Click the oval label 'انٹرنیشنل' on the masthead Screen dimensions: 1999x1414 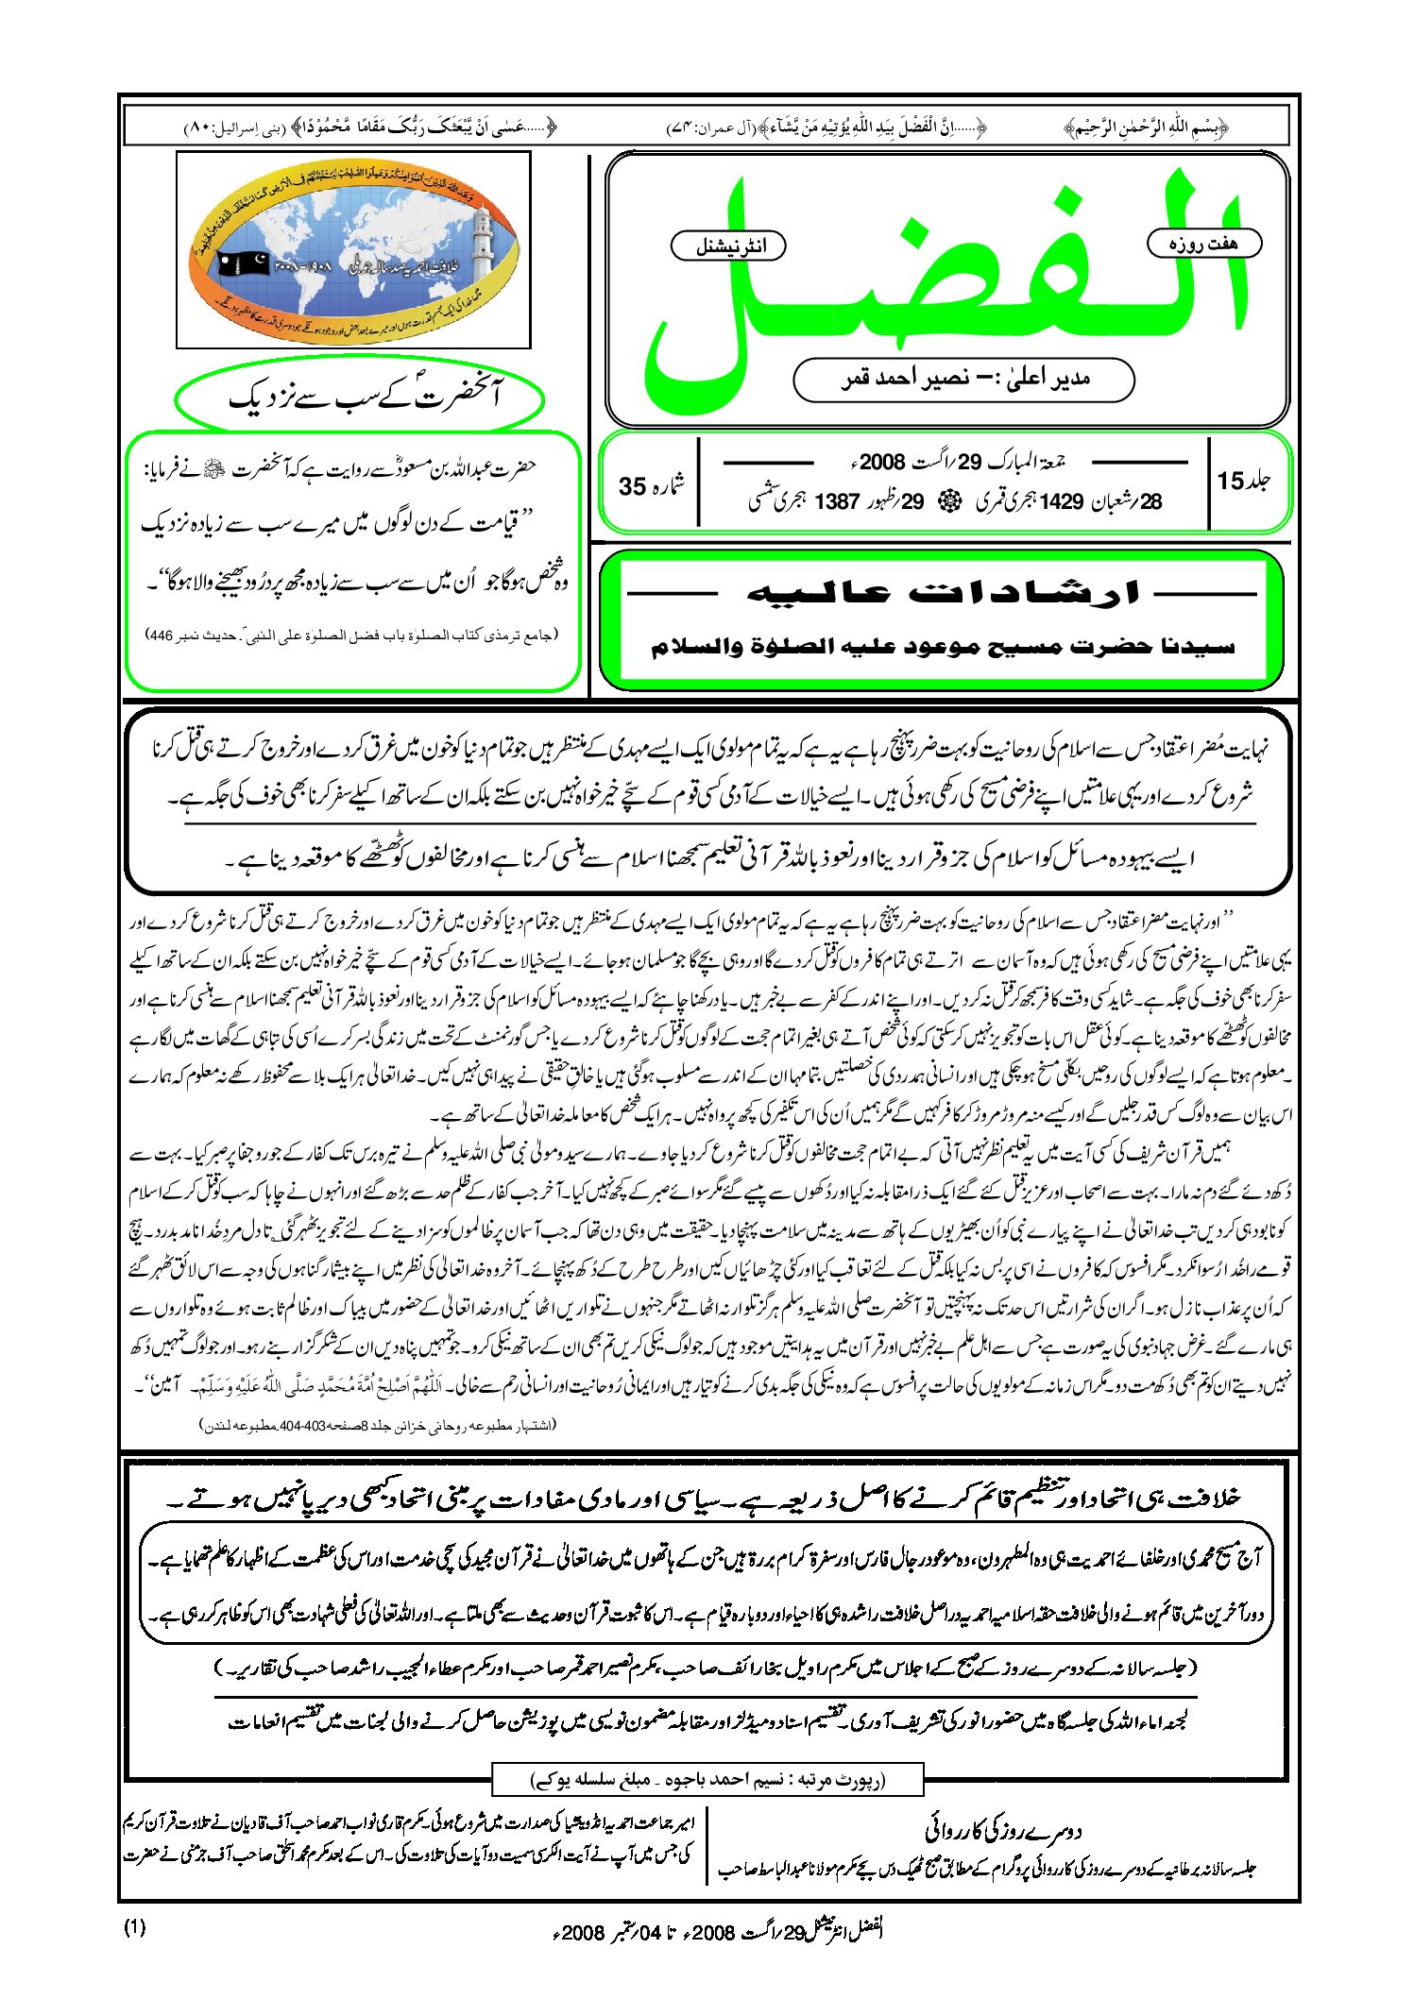pyautogui.click(x=728, y=246)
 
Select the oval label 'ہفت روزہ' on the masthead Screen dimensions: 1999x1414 pyautogui.click(x=1203, y=244)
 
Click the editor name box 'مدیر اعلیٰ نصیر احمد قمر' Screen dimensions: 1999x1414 pyautogui.click(x=963, y=380)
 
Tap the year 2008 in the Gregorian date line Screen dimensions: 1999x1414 pyautogui.click(x=882, y=462)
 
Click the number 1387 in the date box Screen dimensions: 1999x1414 pyautogui.click(x=837, y=501)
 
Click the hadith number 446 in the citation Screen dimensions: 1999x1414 pyautogui.click(x=162, y=635)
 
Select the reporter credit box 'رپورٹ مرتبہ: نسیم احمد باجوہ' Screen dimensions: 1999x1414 pyautogui.click(x=707, y=1780)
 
